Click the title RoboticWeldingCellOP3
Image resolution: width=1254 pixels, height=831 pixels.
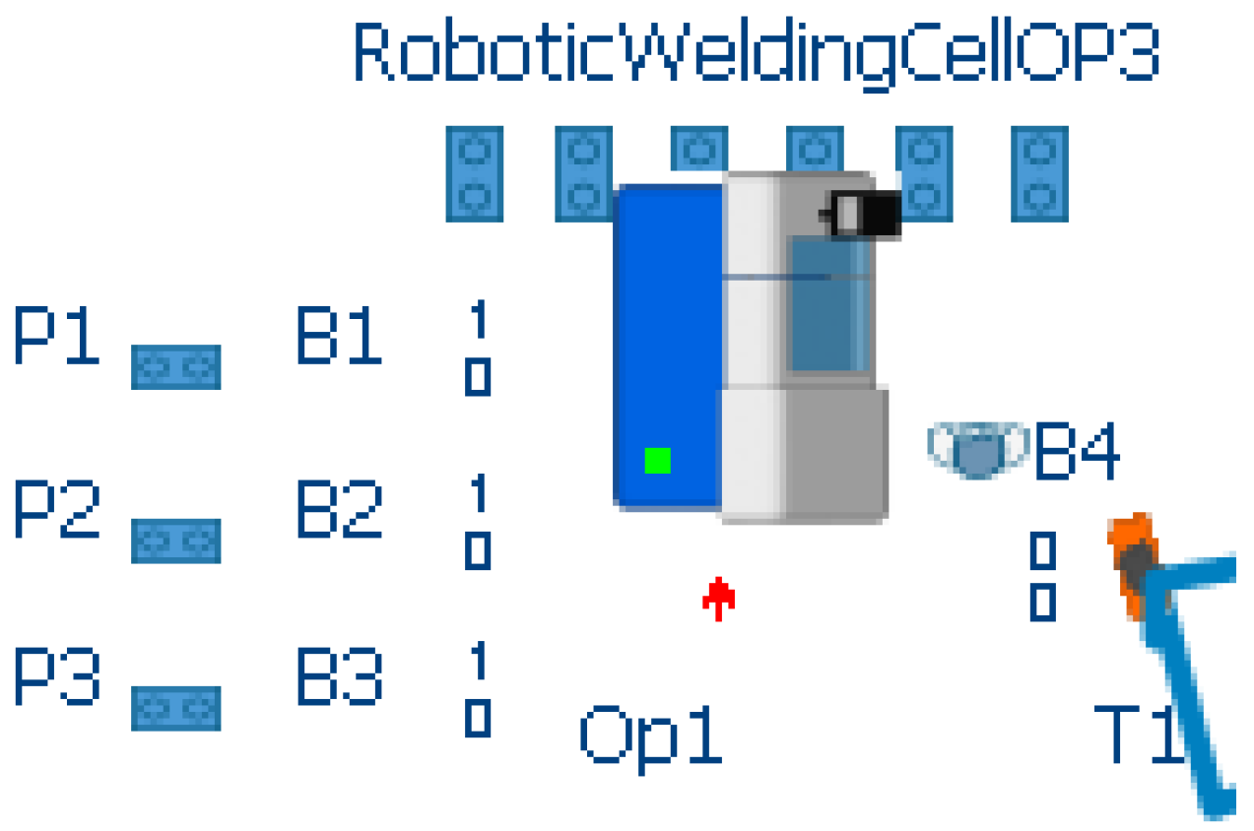[756, 53]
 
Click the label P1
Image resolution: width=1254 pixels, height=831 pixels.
[56, 337]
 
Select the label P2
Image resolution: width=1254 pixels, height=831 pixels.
[56, 510]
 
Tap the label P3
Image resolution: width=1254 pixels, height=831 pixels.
[56, 676]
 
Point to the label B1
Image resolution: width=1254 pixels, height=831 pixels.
[338, 337]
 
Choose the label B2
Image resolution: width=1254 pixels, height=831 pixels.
[338, 510]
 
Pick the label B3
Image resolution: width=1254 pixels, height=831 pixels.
[338, 676]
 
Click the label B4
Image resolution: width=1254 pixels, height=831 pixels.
[1076, 452]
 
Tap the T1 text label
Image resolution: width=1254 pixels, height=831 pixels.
[1138, 735]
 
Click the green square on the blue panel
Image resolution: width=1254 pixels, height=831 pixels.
[657, 460]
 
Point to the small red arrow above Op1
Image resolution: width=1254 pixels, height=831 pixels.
[719, 598]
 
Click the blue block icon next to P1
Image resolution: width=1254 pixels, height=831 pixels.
[175, 367]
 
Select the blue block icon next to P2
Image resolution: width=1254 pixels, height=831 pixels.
[175, 542]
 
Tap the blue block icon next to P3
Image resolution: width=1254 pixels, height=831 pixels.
[175, 709]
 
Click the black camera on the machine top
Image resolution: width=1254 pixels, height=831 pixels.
[865, 214]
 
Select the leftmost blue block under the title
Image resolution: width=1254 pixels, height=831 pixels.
[474, 173]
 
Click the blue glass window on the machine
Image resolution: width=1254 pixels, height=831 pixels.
[829, 305]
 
